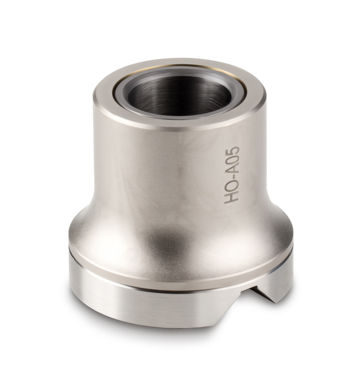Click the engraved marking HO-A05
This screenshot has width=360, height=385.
point(232,175)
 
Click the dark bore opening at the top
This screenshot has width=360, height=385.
point(179,94)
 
